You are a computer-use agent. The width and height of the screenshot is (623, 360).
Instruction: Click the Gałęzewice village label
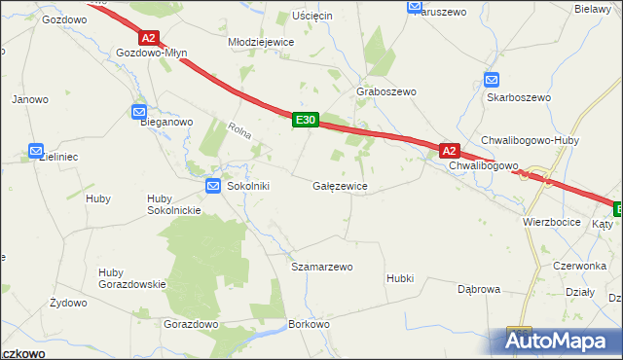tap(340, 185)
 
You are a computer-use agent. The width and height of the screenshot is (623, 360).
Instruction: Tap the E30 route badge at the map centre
tap(305, 120)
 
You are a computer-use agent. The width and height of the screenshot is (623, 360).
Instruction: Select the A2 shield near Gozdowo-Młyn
tap(148, 38)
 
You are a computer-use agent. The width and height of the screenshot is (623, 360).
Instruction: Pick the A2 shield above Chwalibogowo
tap(449, 151)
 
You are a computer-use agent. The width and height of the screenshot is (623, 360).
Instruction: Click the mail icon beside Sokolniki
tap(213, 185)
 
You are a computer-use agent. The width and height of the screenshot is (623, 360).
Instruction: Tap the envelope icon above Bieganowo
tap(139, 112)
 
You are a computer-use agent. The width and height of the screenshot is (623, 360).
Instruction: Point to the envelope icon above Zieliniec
tap(36, 151)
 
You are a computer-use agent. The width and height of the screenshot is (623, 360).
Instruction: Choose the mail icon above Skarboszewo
tap(492, 81)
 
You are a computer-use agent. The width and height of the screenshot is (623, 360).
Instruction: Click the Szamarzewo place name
tap(321, 266)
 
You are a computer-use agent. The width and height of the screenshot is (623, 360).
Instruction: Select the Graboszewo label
tap(386, 91)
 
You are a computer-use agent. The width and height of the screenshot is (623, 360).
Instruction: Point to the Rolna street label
tap(239, 130)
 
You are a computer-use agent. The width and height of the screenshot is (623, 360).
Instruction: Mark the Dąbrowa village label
tap(479, 289)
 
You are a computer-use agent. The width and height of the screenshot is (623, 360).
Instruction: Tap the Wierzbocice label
tap(551, 222)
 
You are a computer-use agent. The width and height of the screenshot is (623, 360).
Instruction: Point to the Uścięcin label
tap(312, 17)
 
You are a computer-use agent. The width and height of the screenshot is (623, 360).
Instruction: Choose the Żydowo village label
tap(68, 303)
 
